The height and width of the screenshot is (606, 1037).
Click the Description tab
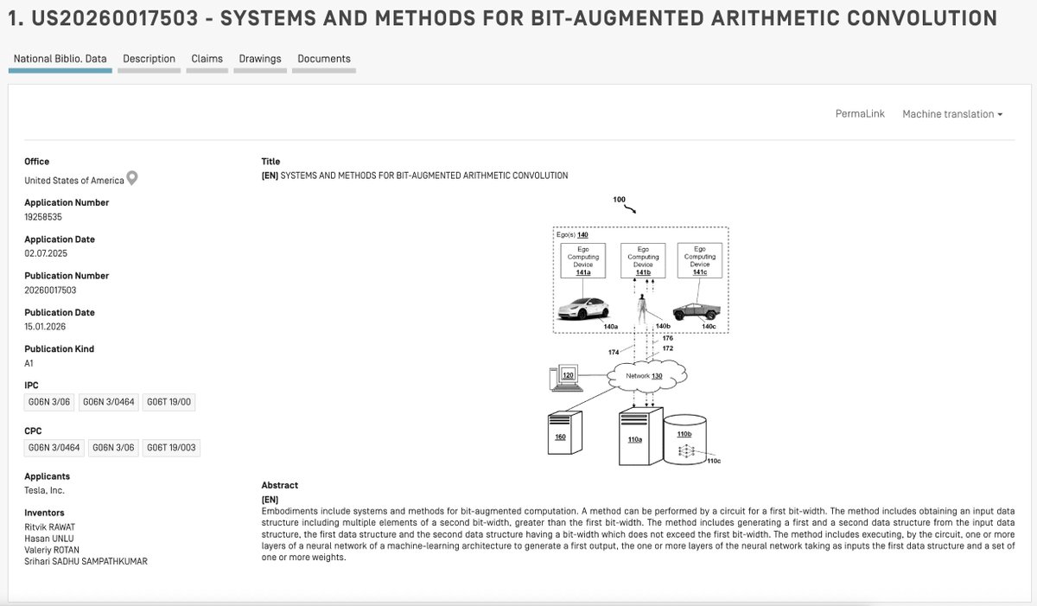pos(149,59)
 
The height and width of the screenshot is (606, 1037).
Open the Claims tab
pos(207,59)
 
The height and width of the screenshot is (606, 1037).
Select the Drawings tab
pos(260,59)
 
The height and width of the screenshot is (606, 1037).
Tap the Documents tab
pos(324,59)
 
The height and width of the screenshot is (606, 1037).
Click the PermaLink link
pos(860,114)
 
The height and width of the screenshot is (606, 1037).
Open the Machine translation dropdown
pos(951,114)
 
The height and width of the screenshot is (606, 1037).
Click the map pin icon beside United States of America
pos(132,179)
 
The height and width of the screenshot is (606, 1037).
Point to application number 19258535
pos(43,217)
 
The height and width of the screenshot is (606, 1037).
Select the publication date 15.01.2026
pos(46,327)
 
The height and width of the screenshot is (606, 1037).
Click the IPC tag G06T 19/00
pos(169,402)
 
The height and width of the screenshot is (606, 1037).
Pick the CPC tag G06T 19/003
pos(171,448)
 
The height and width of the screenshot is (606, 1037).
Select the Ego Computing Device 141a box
pos(582,260)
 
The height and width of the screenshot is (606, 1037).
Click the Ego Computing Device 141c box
pos(699,260)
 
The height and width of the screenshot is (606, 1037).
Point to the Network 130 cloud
pos(646,375)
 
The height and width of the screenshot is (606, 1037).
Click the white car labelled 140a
pos(586,309)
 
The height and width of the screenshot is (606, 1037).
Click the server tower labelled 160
pos(563,437)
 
